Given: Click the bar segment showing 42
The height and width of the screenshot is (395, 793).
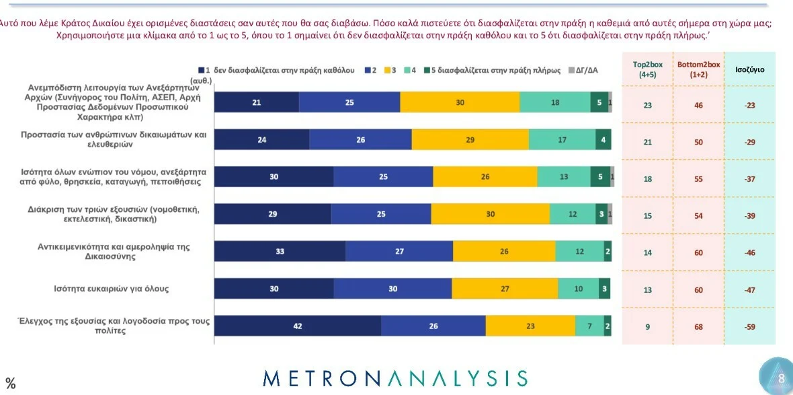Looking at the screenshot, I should click(297, 326).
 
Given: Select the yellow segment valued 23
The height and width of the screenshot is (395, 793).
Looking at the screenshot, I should click(530, 326).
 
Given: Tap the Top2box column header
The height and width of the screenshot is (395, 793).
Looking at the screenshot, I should click(648, 69).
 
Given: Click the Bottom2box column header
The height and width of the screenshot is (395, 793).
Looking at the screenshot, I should click(698, 69).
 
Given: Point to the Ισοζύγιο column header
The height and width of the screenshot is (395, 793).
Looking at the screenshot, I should click(749, 69).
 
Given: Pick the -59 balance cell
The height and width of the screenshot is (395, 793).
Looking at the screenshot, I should click(749, 326).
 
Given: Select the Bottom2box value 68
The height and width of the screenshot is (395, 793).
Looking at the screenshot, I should click(698, 326).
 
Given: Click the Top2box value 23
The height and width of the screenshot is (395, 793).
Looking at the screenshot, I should click(648, 105).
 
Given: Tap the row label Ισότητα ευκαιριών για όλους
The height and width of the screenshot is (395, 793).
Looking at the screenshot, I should click(112, 289).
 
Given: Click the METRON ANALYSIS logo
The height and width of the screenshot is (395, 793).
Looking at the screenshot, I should click(395, 378).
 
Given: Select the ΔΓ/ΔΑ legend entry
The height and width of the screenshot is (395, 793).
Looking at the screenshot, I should click(582, 71).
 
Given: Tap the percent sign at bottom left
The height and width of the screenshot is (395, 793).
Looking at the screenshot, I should click(10, 384).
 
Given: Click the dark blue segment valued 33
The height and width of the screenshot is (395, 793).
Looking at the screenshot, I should click(280, 252).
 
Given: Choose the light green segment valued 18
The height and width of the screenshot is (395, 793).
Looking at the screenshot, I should click(554, 102).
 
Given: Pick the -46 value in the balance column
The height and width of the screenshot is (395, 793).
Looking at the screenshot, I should click(749, 253).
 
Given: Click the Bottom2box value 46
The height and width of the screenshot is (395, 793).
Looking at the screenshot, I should click(698, 105).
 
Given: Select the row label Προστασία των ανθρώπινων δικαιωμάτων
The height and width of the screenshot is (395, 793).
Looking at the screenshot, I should click(112, 139).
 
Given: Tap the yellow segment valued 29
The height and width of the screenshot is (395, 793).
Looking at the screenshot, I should click(470, 140).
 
